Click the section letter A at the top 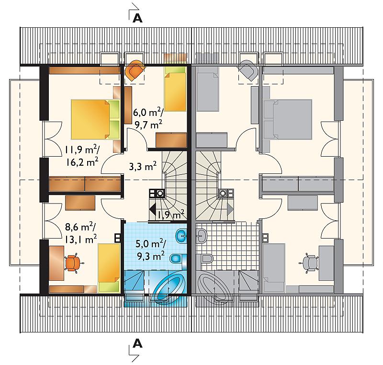pyautogui.click(x=137, y=18)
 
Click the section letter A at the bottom pyautogui.click(x=137, y=343)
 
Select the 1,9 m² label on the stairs pyautogui.click(x=171, y=214)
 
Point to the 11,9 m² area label pyautogui.click(x=82, y=150)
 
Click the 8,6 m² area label pyautogui.click(x=80, y=227)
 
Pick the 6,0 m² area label pyautogui.click(x=147, y=113)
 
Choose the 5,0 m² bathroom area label pyautogui.click(x=151, y=244)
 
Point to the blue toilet pyautogui.click(x=177, y=259)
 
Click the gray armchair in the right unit pyautogui.click(x=248, y=70)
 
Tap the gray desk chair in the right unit pyautogui.click(x=309, y=263)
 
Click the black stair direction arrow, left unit pyautogui.click(x=152, y=210)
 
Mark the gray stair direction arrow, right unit pyautogui.click(x=230, y=210)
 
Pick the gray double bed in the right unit pyautogui.click(x=288, y=119)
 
